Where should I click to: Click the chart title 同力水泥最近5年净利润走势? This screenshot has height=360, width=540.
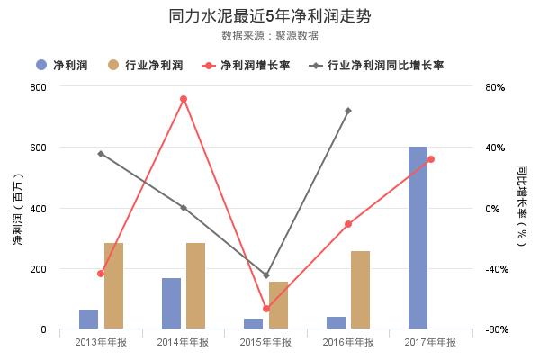click(270, 16)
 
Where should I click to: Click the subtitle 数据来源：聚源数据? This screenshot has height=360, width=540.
click(270, 36)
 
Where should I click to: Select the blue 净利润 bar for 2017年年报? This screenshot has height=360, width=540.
click(418, 238)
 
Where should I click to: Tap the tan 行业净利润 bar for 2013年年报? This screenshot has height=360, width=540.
click(113, 286)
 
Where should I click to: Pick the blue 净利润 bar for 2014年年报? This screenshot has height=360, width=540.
click(171, 303)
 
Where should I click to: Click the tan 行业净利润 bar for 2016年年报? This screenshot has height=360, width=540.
click(360, 290)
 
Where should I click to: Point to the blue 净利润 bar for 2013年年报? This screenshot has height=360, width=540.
click(88, 319)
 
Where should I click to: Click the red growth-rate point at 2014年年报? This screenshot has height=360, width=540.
click(184, 99)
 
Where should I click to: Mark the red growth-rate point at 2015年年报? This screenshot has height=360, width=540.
click(266, 309)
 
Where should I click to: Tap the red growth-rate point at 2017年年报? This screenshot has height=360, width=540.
click(431, 159)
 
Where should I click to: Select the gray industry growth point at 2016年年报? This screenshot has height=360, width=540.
click(348, 111)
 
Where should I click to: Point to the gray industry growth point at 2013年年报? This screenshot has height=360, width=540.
click(101, 154)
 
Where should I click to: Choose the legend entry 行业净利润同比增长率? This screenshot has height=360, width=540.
click(383, 66)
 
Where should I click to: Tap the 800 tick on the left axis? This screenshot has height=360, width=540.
click(38, 87)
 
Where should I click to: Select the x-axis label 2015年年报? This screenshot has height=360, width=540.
click(265, 342)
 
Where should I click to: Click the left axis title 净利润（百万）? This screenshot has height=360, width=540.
click(17, 208)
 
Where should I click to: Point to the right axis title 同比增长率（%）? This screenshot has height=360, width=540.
click(522, 208)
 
